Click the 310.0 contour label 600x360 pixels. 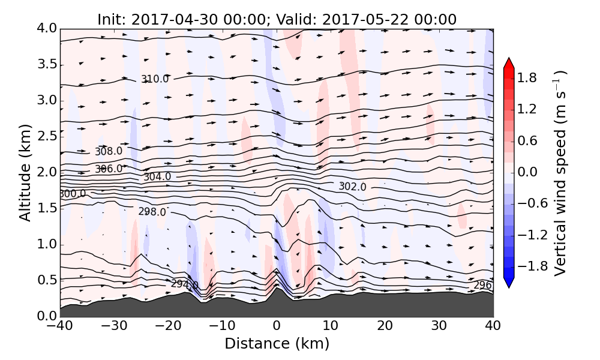[155, 79]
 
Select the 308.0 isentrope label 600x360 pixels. [108, 151]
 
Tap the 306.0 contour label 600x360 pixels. [108, 169]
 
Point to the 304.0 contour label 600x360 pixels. [157, 177]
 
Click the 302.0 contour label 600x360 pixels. [352, 187]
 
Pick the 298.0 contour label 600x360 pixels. [152, 212]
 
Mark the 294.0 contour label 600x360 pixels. [184, 284]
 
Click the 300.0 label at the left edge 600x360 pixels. [72, 194]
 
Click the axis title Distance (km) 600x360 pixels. [277, 344]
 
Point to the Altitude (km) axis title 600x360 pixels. [25, 173]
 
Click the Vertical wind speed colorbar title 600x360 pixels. [560, 173]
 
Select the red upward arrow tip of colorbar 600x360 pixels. [508, 62]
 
